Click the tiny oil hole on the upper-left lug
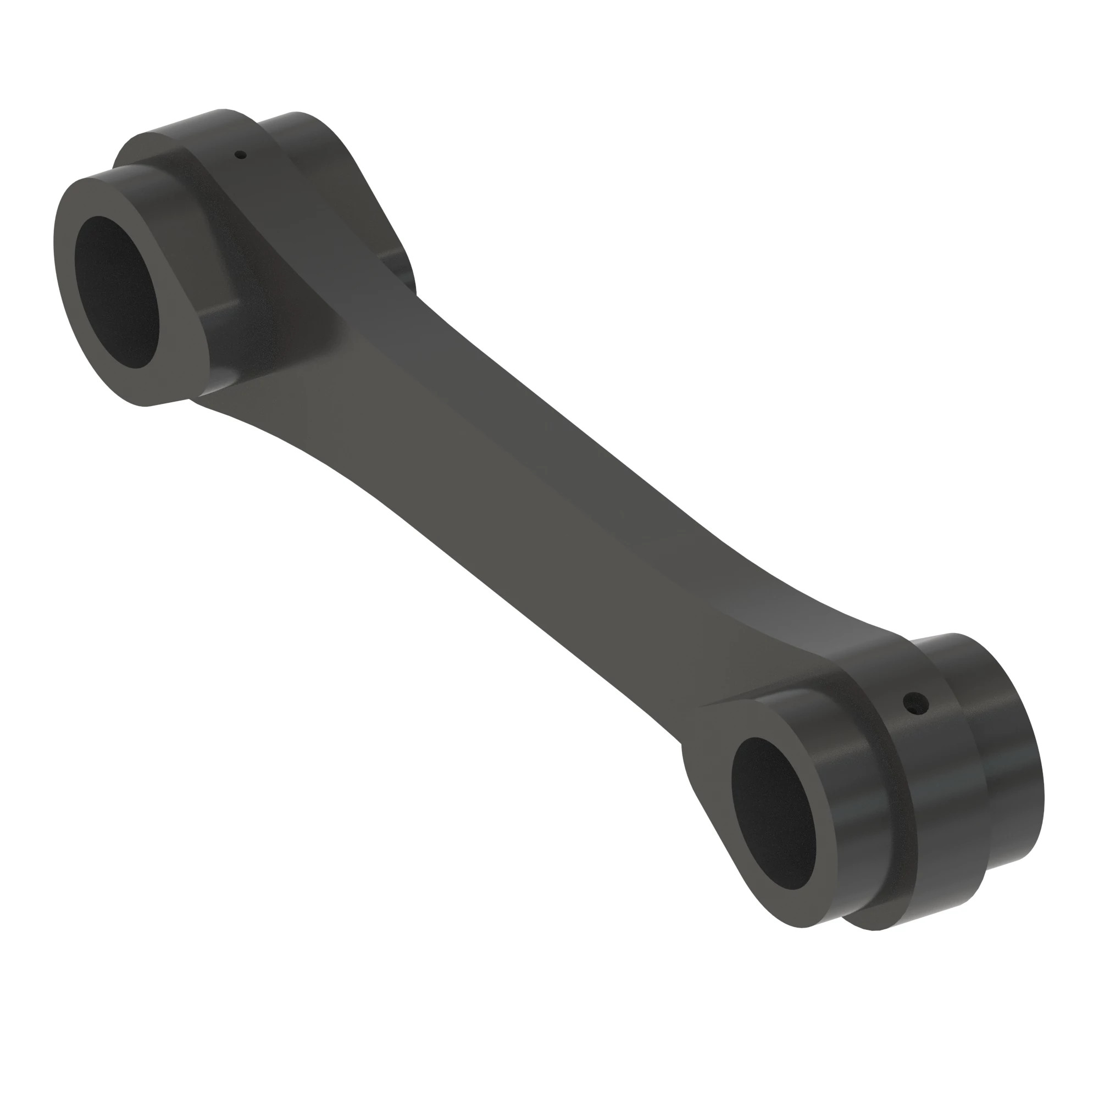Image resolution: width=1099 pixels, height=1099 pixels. pyautogui.click(x=241, y=154)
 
